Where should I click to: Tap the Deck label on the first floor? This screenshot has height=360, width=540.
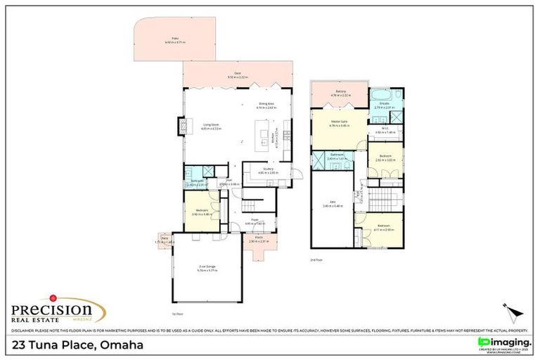238,73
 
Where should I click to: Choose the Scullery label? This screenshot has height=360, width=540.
269,169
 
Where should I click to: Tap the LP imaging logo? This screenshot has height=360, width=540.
503,342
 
